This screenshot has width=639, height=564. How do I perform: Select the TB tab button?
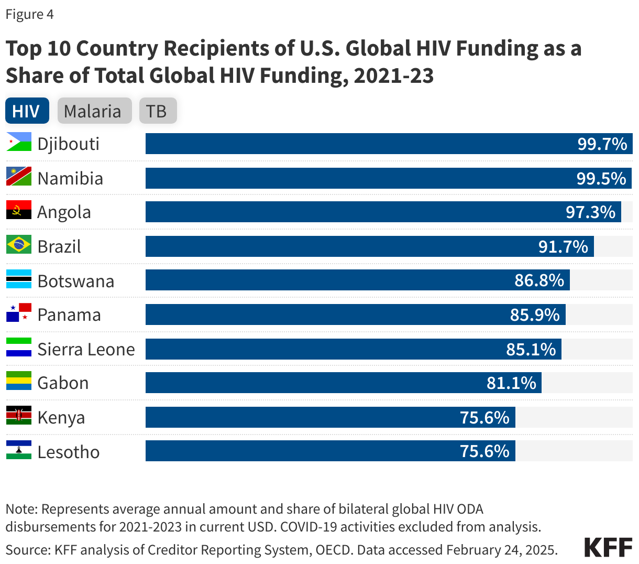157,111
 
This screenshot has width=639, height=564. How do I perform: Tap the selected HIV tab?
27,111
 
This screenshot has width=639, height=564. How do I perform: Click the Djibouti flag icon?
19,142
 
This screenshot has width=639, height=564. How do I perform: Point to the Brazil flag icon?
19,245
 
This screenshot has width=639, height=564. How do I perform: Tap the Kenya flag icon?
19,416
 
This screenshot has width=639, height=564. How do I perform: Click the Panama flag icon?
19,313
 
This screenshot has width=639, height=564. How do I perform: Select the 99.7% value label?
602,144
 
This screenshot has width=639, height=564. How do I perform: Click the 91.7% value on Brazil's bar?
563,246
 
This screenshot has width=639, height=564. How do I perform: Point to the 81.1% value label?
511,383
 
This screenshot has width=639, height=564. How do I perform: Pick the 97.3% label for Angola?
590,212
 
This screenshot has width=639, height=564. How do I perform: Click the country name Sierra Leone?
86,349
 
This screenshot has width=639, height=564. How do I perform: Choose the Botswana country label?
76,281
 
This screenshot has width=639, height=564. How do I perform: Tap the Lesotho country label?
69,452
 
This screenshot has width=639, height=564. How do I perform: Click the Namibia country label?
70,178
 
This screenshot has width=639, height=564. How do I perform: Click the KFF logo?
608,547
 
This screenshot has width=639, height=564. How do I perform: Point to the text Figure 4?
29,14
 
